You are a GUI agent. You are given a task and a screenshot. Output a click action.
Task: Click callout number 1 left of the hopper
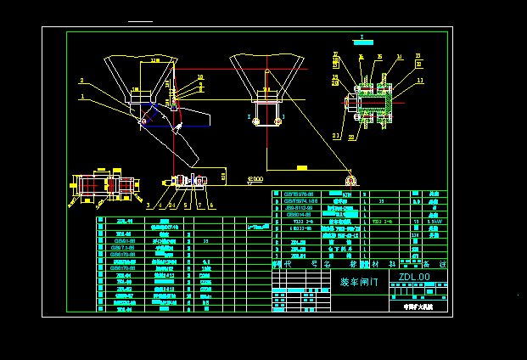(x=82, y=97)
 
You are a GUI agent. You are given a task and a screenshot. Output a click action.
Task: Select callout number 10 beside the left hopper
(x=201, y=77)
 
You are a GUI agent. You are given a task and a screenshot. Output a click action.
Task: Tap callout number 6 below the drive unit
(x=211, y=205)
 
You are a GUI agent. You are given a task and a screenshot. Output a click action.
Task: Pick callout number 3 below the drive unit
(x=148, y=205)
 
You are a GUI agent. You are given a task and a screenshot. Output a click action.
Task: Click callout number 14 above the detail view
(x=399, y=58)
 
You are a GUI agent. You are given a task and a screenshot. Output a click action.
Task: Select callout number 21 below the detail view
(x=335, y=135)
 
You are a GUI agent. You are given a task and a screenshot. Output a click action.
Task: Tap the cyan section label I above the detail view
(x=362, y=38)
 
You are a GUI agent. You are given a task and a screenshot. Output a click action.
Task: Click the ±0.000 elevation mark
(x=255, y=179)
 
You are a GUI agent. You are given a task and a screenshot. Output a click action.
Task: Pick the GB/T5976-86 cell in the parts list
(x=298, y=194)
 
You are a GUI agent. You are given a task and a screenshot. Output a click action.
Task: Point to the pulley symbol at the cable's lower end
(x=350, y=180)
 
